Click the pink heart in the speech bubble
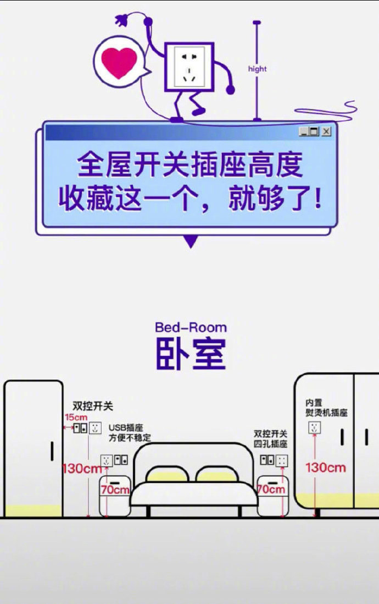coord(119,62)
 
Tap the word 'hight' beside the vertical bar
coord(257,69)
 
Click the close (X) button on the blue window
coord(326,131)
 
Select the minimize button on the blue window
coord(304,131)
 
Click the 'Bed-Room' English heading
coord(191,327)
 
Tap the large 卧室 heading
coord(191,354)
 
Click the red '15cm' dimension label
coord(76,417)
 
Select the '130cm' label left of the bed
coord(82,469)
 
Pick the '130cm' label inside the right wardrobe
coord(326,468)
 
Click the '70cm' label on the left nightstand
coord(115,490)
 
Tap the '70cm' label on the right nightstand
coord(271,490)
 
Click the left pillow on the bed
coord(168,475)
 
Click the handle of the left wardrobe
coord(52,451)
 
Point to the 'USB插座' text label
coord(126,427)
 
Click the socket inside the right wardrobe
coord(314,427)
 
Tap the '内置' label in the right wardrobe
coord(314,403)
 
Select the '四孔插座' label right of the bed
coord(270,444)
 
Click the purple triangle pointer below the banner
coord(191,241)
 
